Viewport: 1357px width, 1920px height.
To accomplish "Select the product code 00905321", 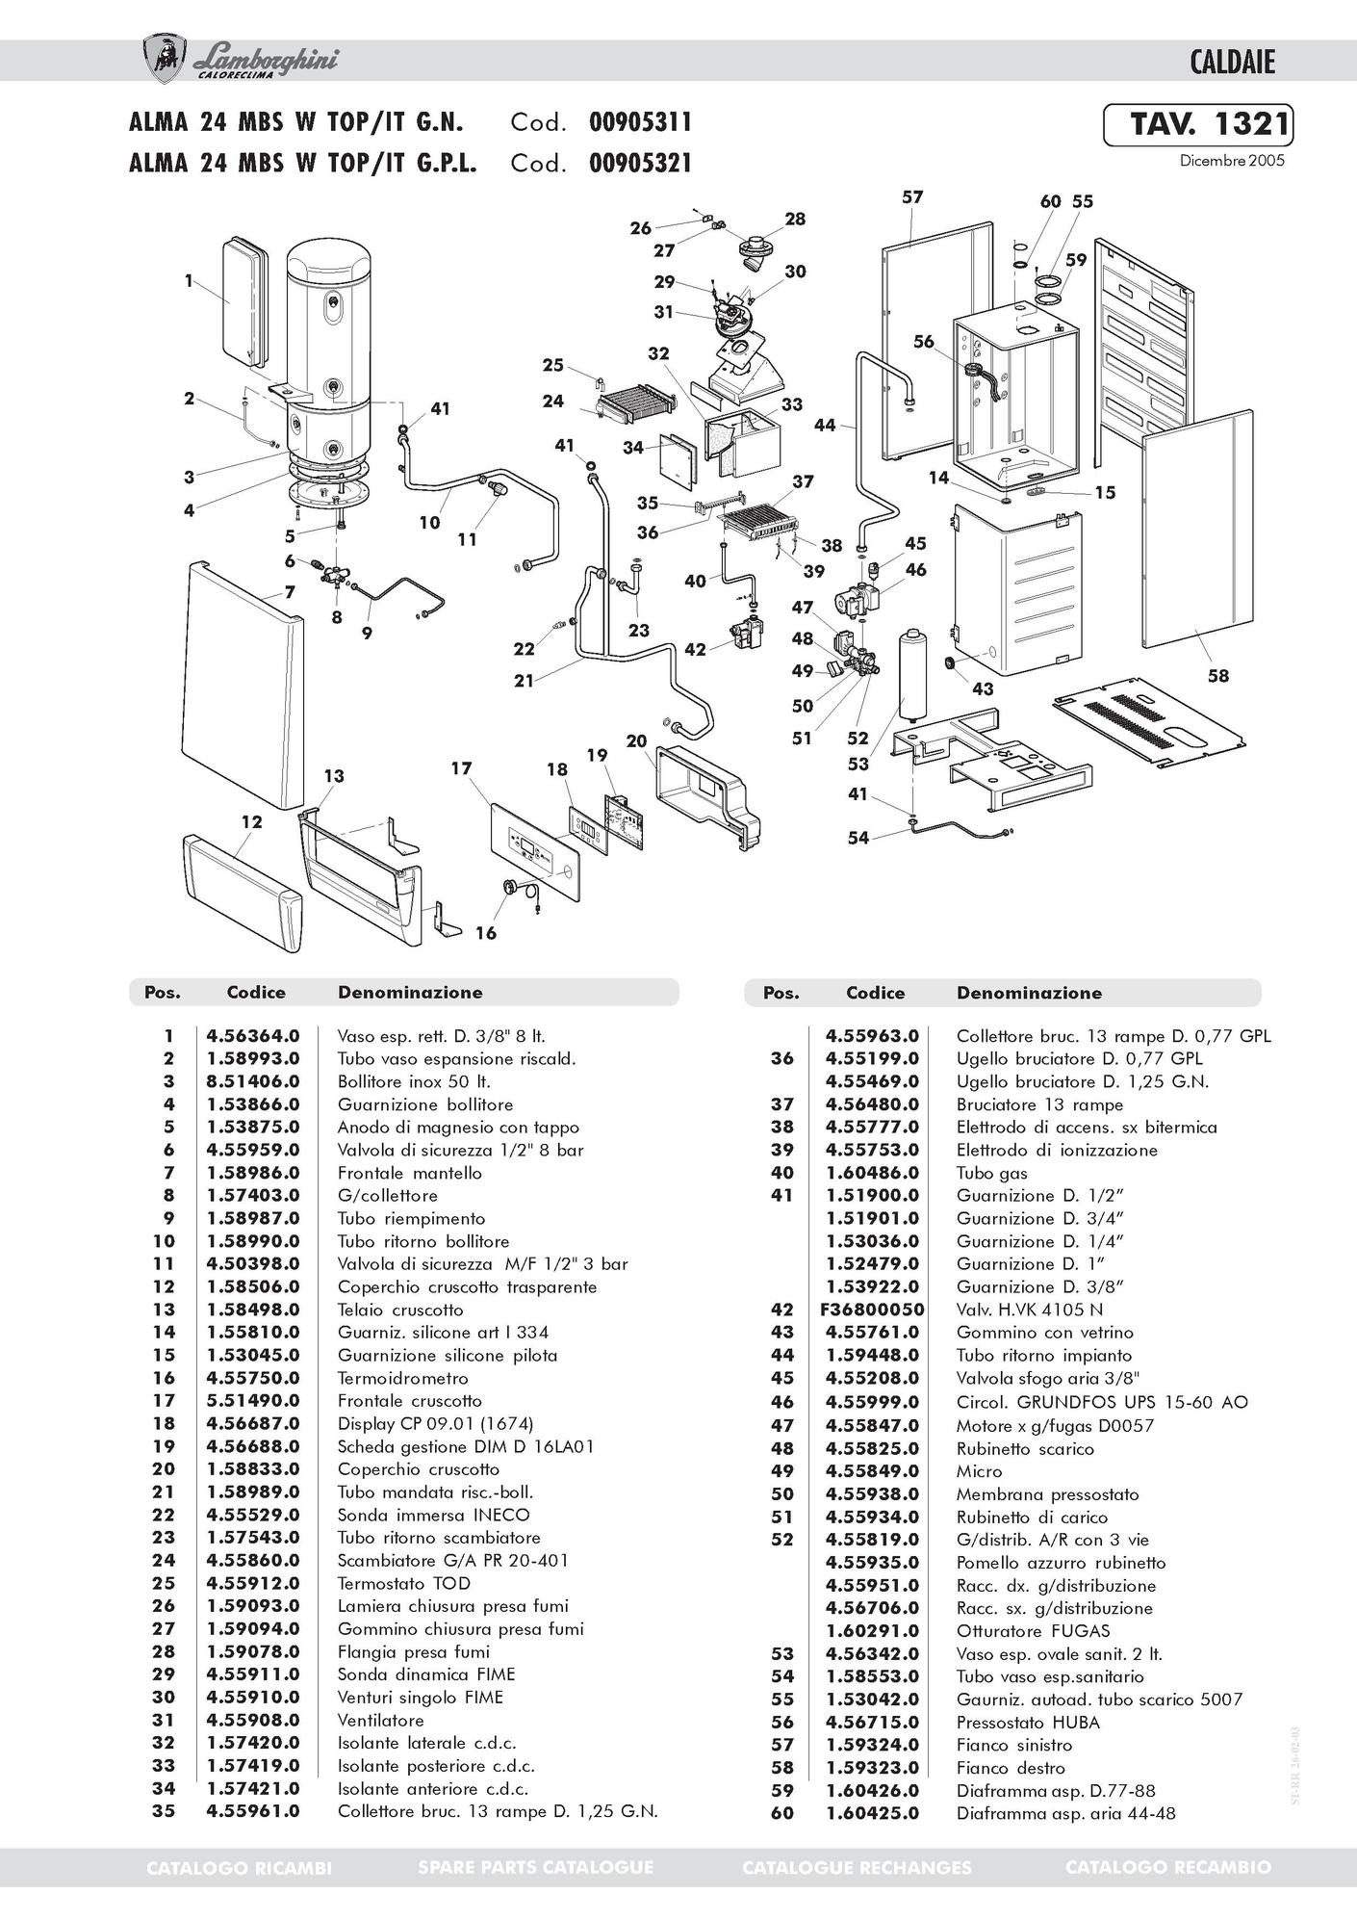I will point(640,163).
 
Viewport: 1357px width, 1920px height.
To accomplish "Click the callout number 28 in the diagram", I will point(795,219).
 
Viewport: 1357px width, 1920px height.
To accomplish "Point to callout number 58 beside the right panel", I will point(1218,676).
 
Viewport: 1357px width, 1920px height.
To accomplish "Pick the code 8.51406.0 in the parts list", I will point(253,1081).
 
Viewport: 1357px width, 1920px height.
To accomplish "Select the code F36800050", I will point(873,1310).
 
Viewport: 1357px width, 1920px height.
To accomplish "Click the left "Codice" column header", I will point(256,992).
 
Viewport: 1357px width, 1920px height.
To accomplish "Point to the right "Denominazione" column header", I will point(1029,993).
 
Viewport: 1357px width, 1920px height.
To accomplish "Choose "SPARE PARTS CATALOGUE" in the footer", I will point(536,1867).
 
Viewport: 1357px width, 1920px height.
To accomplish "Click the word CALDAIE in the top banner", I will point(1232,63).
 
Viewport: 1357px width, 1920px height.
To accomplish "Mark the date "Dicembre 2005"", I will point(1232,161).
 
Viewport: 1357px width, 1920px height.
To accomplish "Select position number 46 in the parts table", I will point(782,1402).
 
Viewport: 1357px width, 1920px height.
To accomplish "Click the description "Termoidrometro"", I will point(402,1378).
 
